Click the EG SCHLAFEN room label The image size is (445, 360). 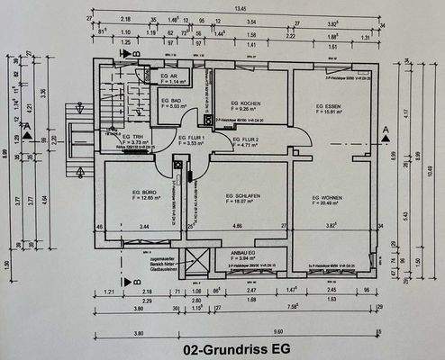242,196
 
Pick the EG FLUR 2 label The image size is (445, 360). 246,139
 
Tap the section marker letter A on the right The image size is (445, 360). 385,130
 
